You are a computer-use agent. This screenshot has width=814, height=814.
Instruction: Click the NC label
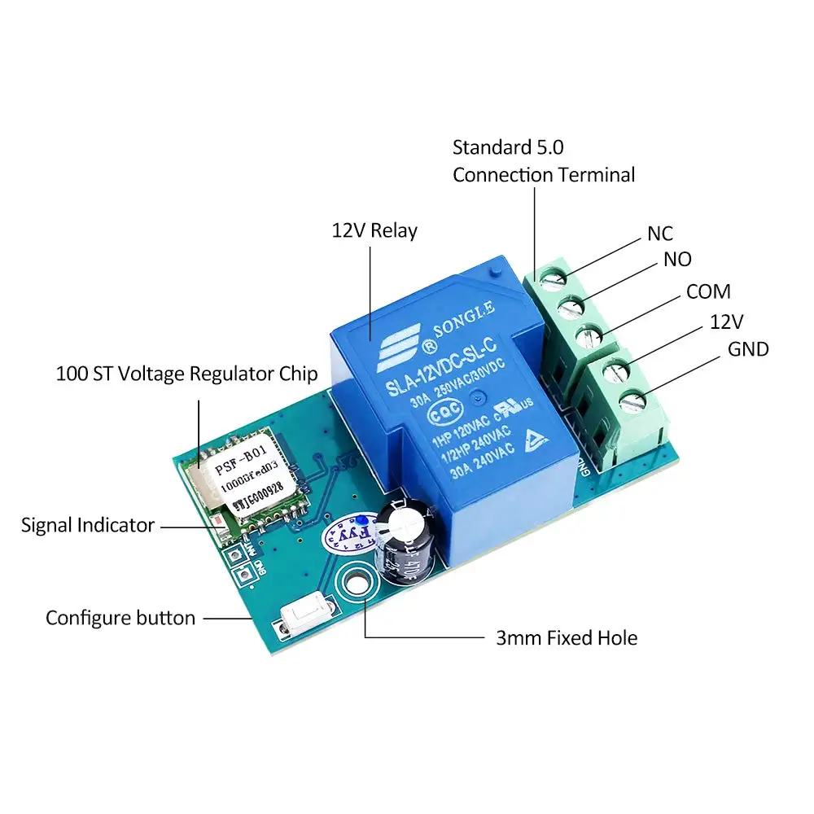pos(660,234)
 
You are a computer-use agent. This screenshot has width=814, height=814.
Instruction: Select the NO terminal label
pos(677,259)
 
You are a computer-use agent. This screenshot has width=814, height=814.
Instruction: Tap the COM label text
pos(708,291)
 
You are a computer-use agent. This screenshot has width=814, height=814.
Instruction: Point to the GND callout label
pos(748,349)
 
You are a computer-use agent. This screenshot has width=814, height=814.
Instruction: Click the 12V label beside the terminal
pos(727,321)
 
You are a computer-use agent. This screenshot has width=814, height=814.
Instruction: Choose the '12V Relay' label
pos(374,230)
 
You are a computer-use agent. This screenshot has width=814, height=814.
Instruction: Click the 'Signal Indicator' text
pos(88,525)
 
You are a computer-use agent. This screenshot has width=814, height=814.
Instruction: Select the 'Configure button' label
pos(120,618)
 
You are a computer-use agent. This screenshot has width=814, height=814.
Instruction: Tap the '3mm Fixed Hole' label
pos(567,637)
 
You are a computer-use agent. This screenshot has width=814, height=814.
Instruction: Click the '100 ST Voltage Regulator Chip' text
pos(186,374)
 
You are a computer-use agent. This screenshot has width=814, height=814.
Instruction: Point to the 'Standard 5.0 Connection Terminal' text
pos(543,161)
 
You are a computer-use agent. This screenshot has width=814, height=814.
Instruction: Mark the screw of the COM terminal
pos(591,335)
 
